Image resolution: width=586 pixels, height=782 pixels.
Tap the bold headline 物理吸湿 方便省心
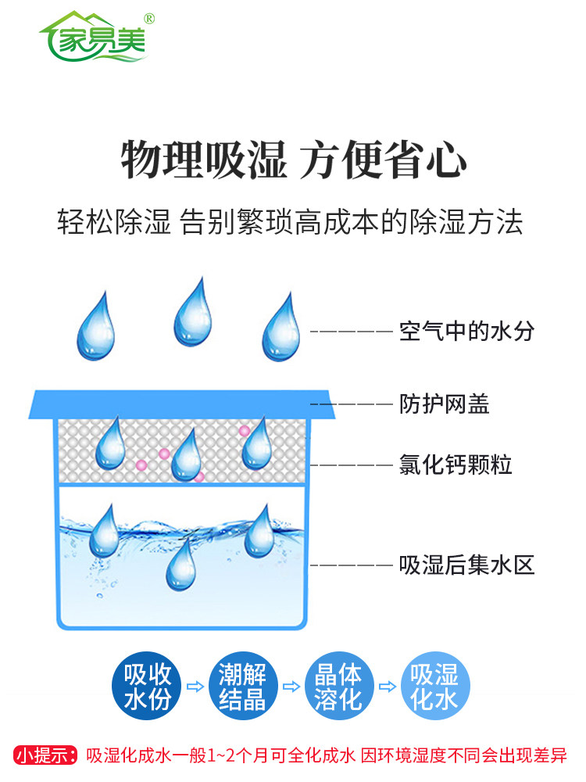click(293, 161)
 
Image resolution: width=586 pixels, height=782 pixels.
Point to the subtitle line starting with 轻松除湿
click(290, 222)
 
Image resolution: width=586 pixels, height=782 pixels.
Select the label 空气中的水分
click(466, 331)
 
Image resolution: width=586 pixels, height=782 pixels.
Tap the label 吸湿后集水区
click(466, 565)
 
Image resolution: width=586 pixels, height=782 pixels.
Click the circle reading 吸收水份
click(148, 687)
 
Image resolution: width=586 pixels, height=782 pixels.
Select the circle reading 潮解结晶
click(243, 687)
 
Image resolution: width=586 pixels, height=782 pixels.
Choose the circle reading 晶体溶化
click(338, 687)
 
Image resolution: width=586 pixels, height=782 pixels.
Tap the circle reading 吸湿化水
click(435, 687)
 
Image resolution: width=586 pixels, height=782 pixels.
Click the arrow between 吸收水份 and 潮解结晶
click(195, 687)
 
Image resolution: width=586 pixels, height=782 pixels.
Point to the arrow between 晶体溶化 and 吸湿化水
click(387, 687)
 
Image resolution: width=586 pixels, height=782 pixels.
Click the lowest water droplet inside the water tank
click(181, 567)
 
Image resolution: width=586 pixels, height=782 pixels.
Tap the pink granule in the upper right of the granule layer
click(245, 430)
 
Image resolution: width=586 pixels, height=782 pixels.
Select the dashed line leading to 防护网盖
click(352, 404)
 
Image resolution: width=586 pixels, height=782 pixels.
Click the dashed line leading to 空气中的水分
click(352, 331)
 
